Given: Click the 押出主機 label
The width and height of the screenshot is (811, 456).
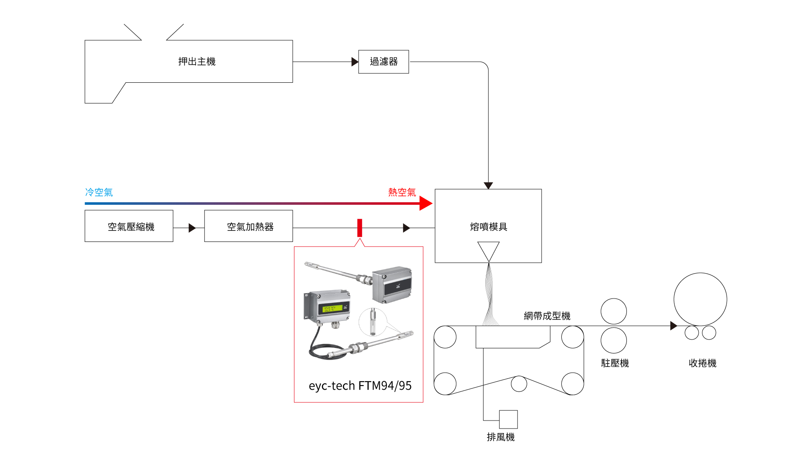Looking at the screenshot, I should point(197,62).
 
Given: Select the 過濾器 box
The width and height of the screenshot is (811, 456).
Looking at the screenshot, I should point(384,62).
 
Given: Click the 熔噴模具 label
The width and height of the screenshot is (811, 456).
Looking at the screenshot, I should point(488,227).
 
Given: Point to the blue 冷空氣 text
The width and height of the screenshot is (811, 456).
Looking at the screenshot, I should point(99,193).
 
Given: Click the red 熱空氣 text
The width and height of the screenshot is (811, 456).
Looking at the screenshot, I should point(402,193).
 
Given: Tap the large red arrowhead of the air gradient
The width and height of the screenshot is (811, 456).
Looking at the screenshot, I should point(425,204).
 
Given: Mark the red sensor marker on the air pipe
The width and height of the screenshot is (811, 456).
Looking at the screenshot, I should point(359,228).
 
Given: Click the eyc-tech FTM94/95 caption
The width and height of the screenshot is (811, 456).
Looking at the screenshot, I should point(360,385).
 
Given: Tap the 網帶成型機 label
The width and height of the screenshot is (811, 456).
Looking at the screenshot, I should point(547,316).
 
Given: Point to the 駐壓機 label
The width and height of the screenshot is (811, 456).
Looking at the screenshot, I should point(615,363).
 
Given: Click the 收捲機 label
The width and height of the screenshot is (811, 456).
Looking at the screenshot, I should point(702,363).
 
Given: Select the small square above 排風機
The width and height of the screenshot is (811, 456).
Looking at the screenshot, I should point(508,419).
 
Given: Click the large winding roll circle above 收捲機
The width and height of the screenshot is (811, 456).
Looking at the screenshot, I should point(700,299).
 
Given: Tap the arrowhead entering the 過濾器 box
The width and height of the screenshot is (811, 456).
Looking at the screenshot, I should point(355,62).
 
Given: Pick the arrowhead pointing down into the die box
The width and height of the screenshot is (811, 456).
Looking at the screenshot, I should point(488,185).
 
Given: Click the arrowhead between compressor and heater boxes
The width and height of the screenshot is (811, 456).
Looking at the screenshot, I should point(192,228).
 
